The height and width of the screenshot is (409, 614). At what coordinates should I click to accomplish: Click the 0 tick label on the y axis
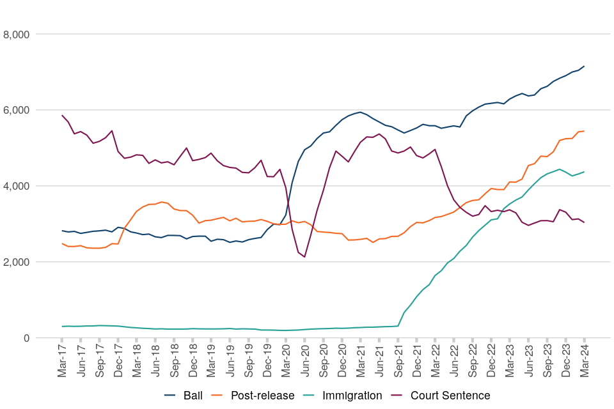coord(26,338)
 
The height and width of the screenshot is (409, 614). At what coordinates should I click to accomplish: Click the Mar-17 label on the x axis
coord(62,362)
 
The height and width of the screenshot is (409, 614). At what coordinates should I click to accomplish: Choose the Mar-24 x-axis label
coord(584,362)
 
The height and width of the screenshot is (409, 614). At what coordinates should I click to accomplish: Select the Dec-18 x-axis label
coord(193,362)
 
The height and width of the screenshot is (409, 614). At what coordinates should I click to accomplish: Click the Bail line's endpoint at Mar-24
coord(584,66)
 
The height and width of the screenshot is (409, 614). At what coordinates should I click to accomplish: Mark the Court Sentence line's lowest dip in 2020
coord(304,257)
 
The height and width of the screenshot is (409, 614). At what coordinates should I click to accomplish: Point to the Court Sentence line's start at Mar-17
coord(62,116)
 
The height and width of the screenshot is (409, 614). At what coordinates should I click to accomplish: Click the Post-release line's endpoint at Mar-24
coord(584,131)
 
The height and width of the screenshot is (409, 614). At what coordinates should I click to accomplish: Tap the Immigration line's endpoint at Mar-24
coord(584,172)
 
